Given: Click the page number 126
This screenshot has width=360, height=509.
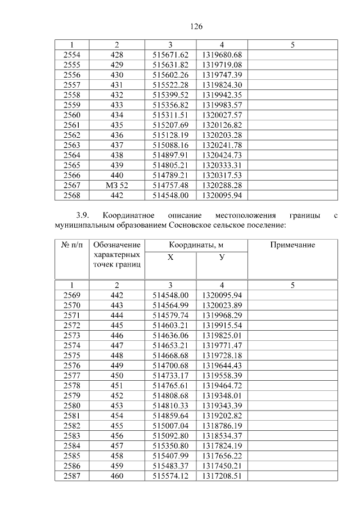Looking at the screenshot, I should coord(196,26).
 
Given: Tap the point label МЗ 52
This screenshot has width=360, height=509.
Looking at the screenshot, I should coord(117,184).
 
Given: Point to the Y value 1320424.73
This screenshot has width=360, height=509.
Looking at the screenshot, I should coord(222,155).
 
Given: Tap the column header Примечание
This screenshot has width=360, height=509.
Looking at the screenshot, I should coord(292,245).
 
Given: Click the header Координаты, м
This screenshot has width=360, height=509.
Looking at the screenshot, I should coord(196,245).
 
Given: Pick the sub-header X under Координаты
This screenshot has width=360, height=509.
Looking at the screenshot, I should coord(170,257).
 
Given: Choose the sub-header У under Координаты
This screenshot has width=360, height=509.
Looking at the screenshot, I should coord(222,257).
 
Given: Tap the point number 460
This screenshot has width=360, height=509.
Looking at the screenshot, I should coord(117,476).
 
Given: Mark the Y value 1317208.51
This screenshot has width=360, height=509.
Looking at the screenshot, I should coord(222,476).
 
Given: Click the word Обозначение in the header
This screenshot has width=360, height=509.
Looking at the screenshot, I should coord(116,245).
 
